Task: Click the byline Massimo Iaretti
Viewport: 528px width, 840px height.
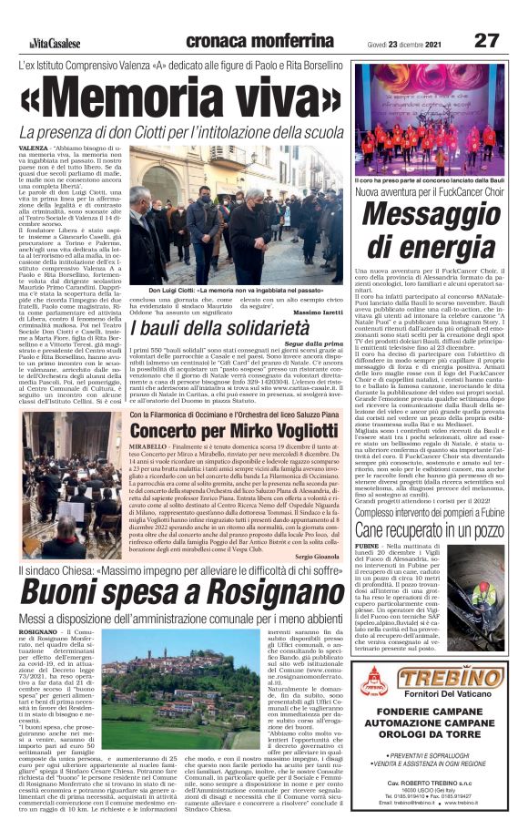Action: click(320, 313)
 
